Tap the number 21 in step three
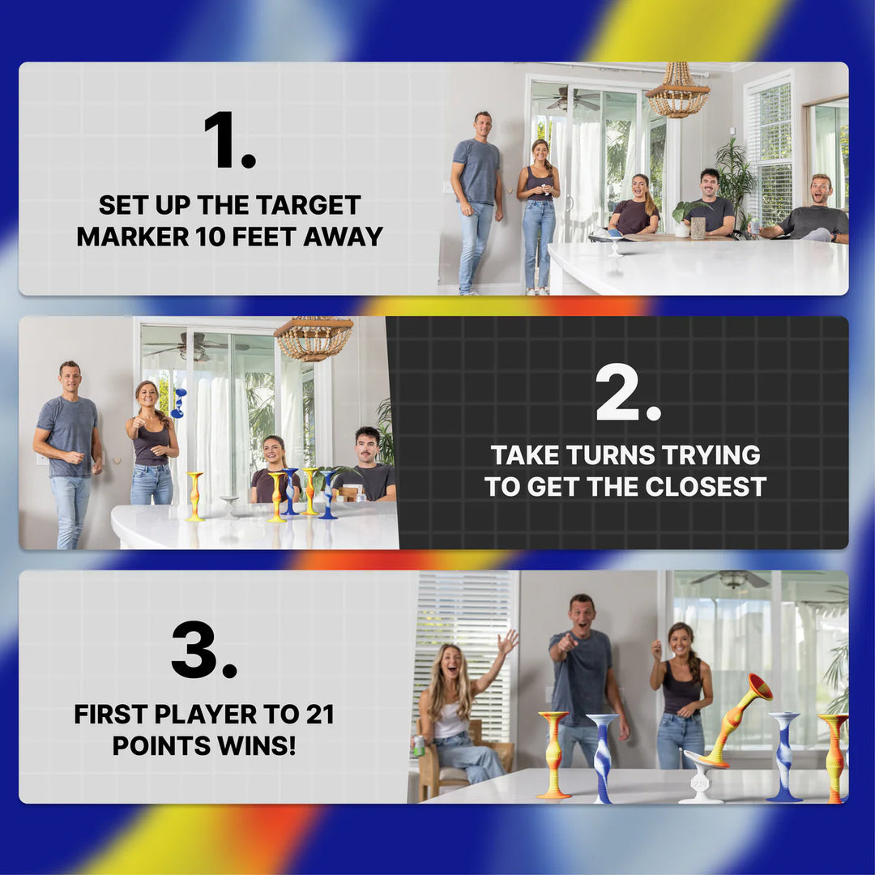pos(317,715)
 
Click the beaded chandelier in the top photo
pos(677,93)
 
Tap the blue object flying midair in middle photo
pos(178,403)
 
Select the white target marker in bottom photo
pos(700,778)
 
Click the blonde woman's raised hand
pos(508,642)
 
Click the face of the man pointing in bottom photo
pos(581,614)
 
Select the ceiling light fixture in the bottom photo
pos(733,578)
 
